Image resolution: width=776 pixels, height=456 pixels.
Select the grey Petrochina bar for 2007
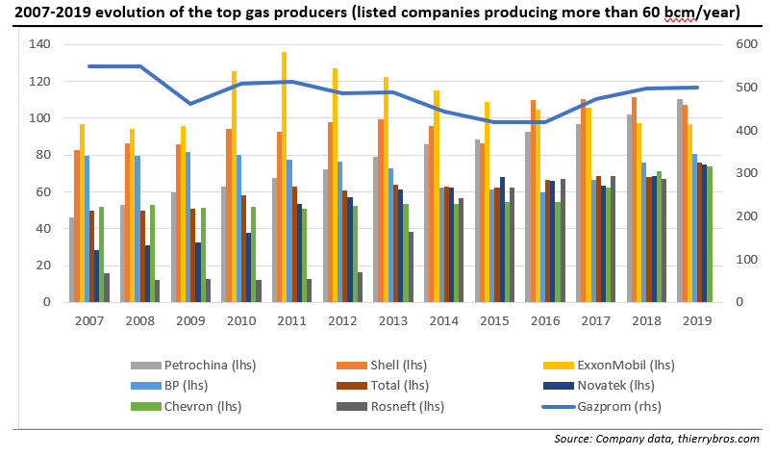click(71, 260)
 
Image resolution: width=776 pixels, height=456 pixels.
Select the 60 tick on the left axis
click(41, 192)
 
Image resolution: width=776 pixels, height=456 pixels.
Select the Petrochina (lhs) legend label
click(211, 365)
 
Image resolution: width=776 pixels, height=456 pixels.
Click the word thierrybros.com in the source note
click(711, 438)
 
